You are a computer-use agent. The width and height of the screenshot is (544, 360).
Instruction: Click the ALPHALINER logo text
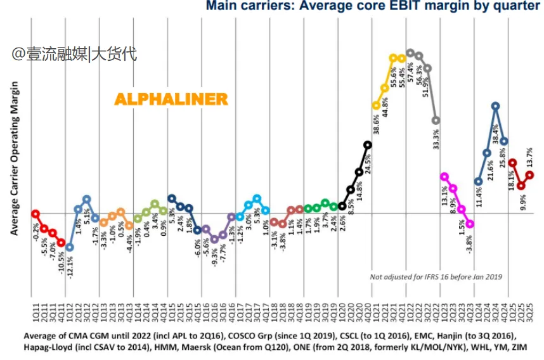coord(171,100)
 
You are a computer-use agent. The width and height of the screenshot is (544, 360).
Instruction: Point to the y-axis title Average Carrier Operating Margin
coord(15,158)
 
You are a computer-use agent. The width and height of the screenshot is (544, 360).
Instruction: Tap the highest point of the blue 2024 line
coord(496,106)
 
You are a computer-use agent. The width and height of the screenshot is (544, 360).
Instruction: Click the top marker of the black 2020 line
coord(368,145)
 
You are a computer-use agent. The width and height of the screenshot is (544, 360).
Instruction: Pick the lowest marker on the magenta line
coord(470,224)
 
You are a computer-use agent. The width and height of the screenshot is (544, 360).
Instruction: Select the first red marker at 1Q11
coord(36,214)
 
